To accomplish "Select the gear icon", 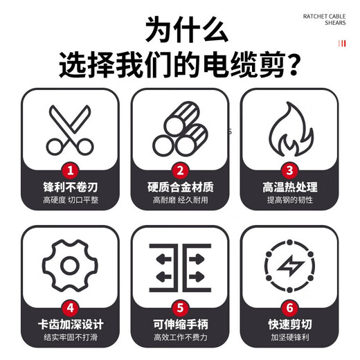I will pyautogui.click(x=70, y=264).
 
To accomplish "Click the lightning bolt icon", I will pyautogui.click(x=289, y=266).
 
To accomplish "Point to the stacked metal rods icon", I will pyautogui.click(x=180, y=132).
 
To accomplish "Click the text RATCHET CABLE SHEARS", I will pyautogui.click(x=324, y=18).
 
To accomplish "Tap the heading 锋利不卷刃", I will pyautogui.click(x=70, y=188).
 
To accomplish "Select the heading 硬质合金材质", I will pyautogui.click(x=180, y=188).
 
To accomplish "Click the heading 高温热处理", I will pyautogui.click(x=289, y=188).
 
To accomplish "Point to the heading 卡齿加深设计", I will pyautogui.click(x=70, y=323).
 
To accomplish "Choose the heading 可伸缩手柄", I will pyautogui.click(x=180, y=323).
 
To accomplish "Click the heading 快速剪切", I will pyautogui.click(x=289, y=323).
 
